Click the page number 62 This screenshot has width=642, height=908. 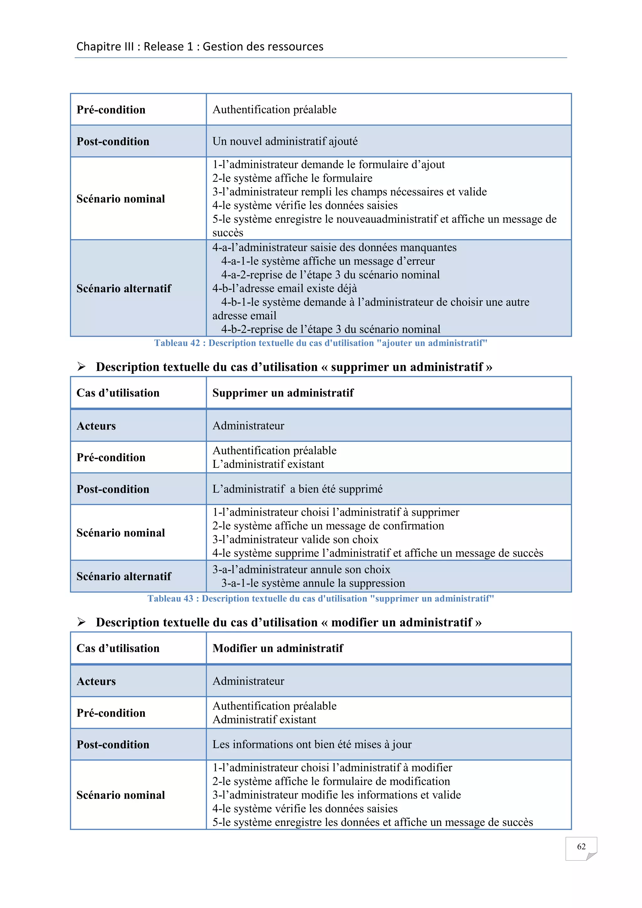point(581,846)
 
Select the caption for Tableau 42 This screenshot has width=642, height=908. point(321,343)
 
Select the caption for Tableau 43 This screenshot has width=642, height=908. point(321,598)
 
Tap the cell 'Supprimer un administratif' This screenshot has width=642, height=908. point(283,393)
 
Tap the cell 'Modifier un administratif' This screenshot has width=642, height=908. point(278,648)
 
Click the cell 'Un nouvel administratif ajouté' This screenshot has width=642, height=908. point(285,141)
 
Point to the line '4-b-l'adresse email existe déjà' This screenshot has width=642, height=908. point(285,288)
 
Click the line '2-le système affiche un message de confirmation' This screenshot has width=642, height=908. point(328,525)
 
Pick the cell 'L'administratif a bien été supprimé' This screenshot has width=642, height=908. point(297,489)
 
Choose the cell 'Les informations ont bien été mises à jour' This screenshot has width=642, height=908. point(312,744)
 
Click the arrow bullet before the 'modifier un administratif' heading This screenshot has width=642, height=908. point(82,622)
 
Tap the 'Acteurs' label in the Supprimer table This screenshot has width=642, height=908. point(96,426)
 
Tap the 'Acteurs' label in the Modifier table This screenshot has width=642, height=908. point(96,681)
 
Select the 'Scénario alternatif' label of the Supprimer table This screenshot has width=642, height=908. point(124,576)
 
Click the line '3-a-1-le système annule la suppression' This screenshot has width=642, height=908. point(313,583)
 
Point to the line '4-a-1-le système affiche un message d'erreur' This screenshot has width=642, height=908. point(328,261)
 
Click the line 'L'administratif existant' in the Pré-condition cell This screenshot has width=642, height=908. point(268,464)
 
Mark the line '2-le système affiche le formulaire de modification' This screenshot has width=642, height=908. point(331,781)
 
